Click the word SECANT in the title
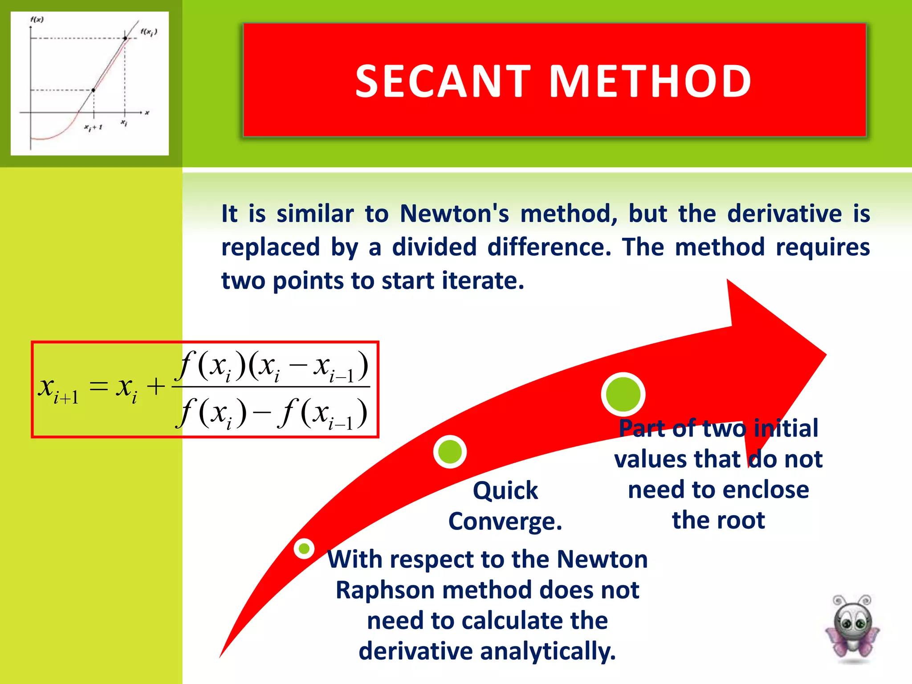[443, 81]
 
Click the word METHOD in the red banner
[650, 81]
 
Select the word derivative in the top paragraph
[785, 213]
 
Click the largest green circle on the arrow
[623, 394]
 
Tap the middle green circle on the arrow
[450, 452]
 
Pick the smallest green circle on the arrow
[304, 549]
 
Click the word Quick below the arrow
[505, 491]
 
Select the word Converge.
[505, 521]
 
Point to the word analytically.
[548, 651]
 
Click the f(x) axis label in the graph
[37, 20]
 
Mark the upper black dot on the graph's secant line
[125, 38]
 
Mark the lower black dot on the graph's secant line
[94, 90]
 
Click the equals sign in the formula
[99, 386]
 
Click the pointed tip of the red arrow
[826, 355]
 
